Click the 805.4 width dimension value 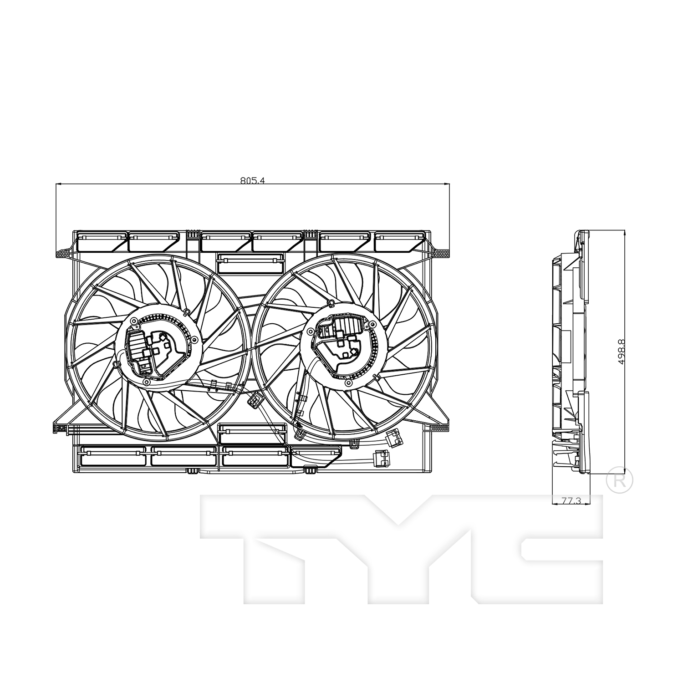pyautogui.click(x=252, y=180)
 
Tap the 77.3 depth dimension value pyautogui.click(x=571, y=501)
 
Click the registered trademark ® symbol pyautogui.click(x=620, y=480)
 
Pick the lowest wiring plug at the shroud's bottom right pyautogui.click(x=381, y=457)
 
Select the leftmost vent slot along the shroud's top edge pyautogui.click(x=101, y=241)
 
